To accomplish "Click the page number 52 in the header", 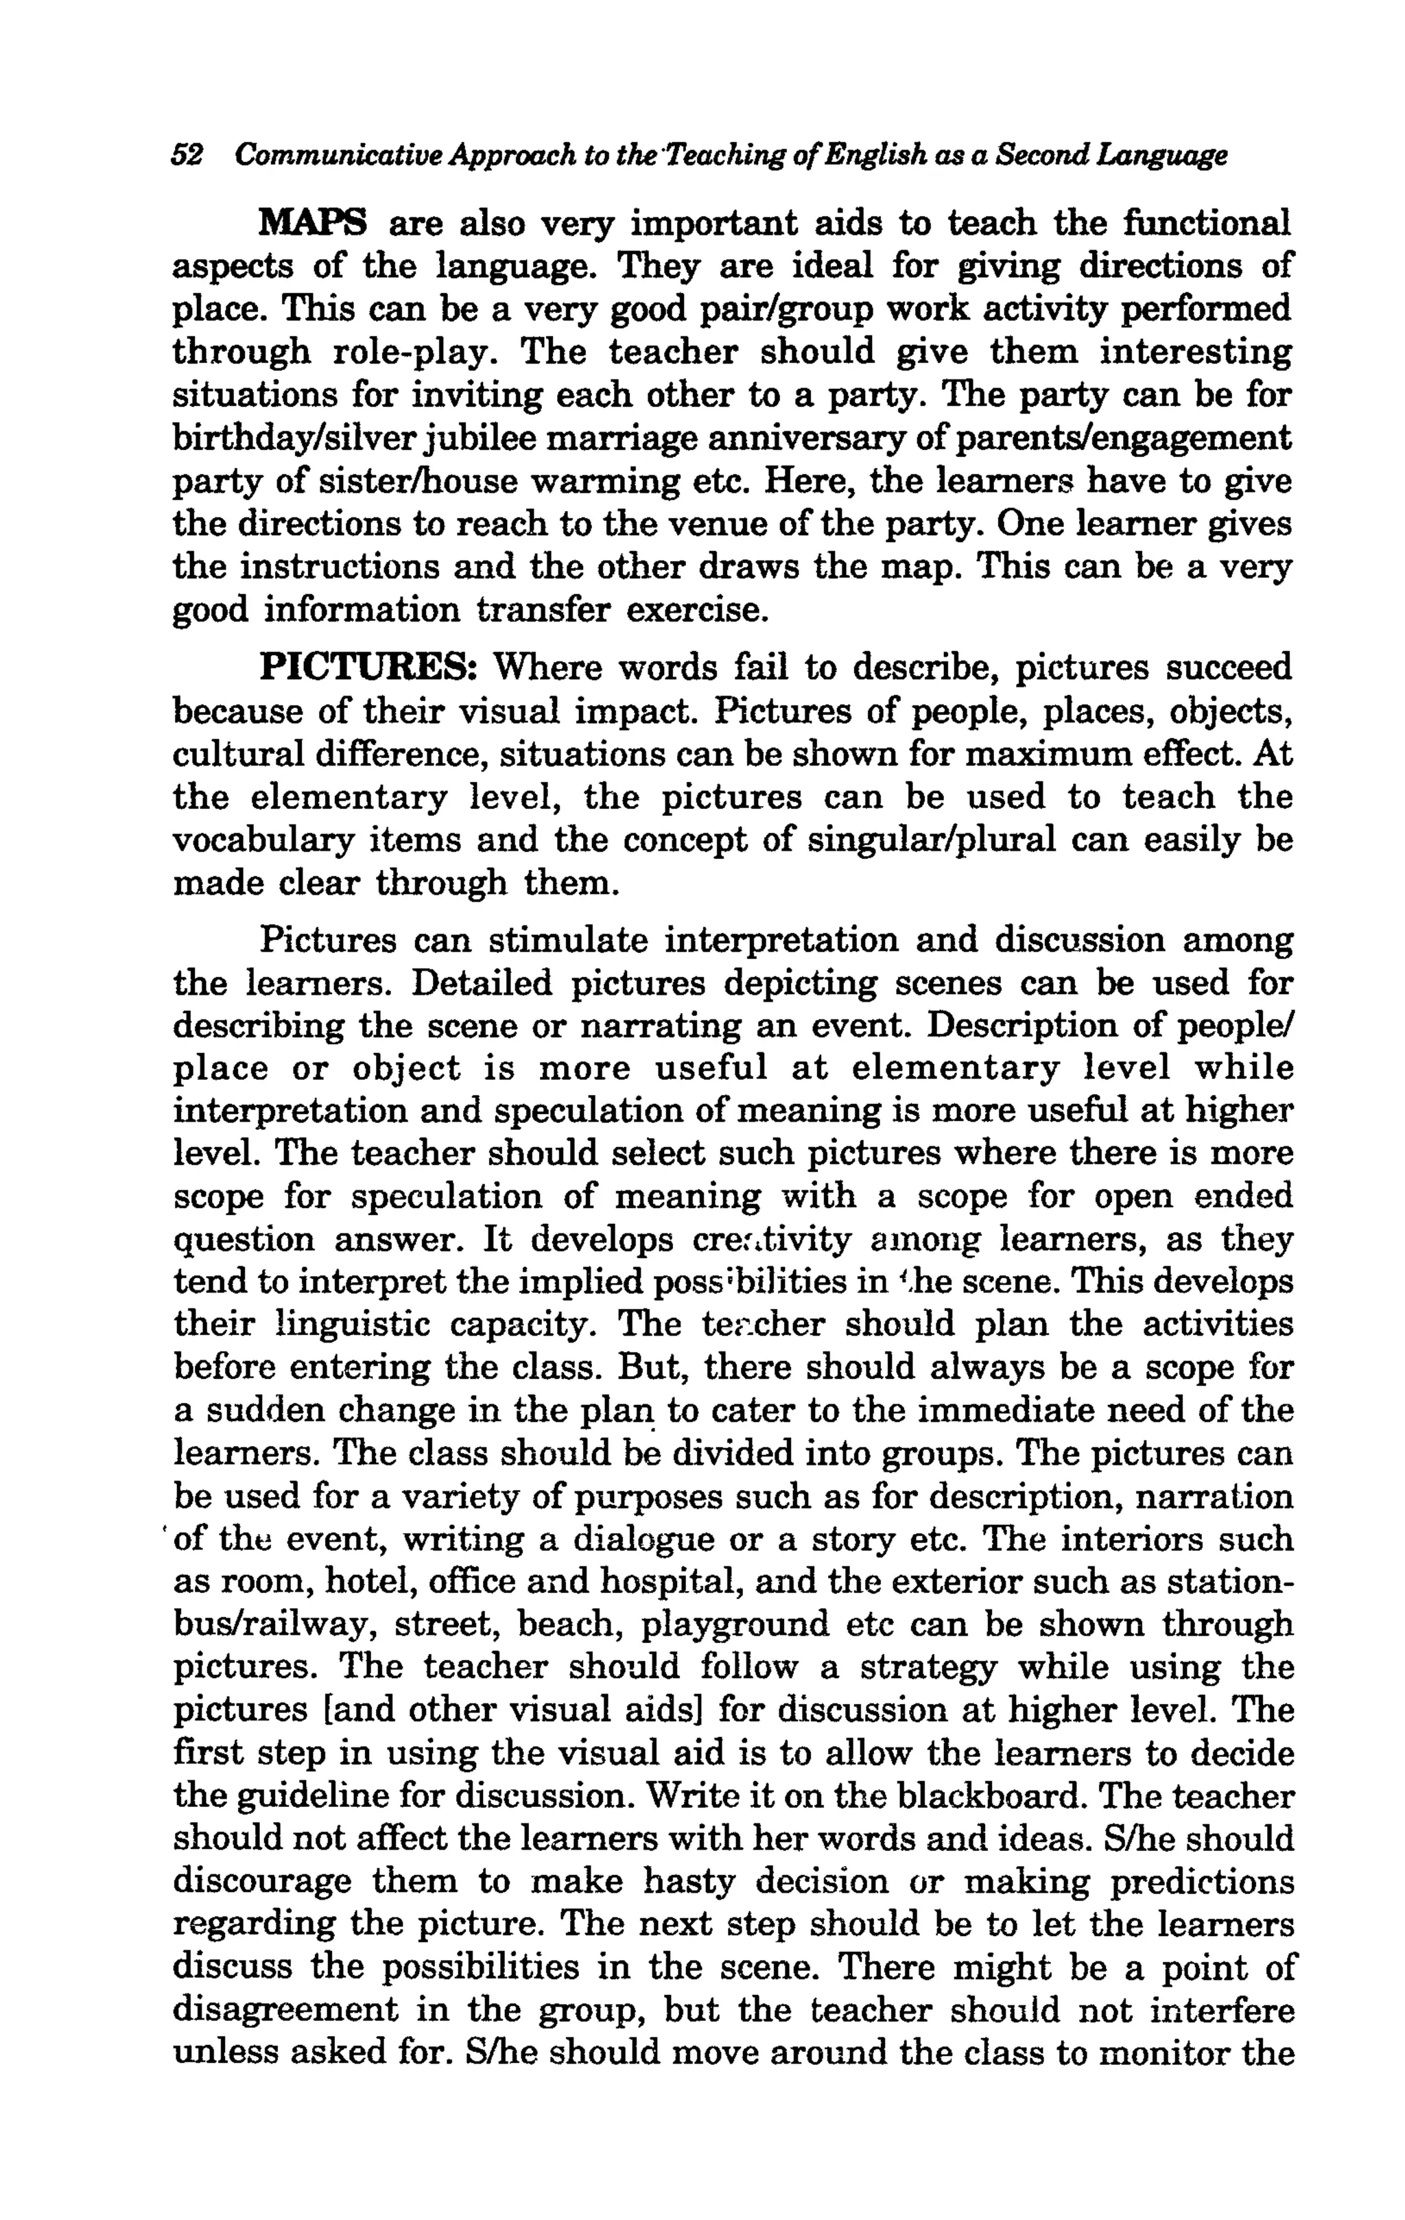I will pyautogui.click(x=187, y=155).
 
